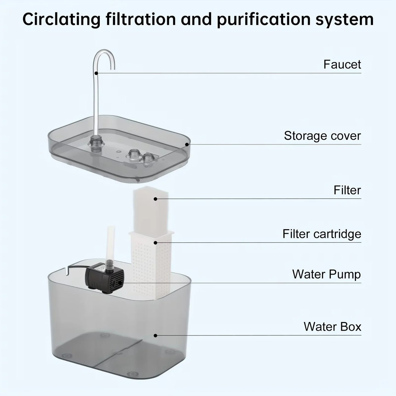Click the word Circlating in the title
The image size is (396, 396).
[x=61, y=20]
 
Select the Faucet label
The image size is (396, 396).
[x=342, y=65]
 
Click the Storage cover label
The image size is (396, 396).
[x=322, y=136]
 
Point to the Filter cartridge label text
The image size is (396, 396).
[x=322, y=234]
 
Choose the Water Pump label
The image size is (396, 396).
[x=326, y=274]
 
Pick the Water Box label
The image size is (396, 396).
[x=332, y=327]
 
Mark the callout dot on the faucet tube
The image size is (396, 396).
[x=96, y=73]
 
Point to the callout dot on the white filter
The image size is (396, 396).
[x=155, y=199]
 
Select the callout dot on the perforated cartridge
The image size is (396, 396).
[x=155, y=243]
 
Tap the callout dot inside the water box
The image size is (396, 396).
[x=155, y=335]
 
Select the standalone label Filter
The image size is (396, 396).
[x=347, y=190]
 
